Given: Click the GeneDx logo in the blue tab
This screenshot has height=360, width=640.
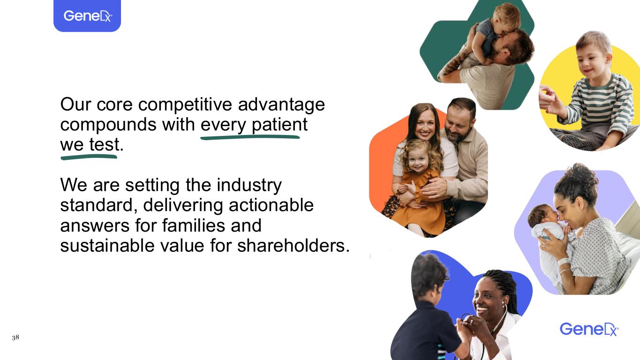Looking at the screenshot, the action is point(87,16).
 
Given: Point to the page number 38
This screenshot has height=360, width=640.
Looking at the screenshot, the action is point(15,337).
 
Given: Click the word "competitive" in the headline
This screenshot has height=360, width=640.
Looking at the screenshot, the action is point(185,104).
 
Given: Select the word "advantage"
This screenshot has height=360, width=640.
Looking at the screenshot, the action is point(281,105).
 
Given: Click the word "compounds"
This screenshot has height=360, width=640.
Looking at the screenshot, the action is point(108,124).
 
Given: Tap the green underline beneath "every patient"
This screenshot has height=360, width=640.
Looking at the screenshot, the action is point(250,137).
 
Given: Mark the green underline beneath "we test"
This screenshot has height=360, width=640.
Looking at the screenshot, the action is point(89,157).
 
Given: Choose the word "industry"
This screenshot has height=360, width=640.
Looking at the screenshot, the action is point(249,186).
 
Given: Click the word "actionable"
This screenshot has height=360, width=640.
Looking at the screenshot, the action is point(271,205).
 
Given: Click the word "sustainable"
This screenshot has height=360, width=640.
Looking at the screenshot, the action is point(107,246).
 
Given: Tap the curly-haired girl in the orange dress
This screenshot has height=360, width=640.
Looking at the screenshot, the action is point(419,188).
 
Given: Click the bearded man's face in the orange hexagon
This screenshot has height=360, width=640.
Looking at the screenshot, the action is point(459,121).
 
